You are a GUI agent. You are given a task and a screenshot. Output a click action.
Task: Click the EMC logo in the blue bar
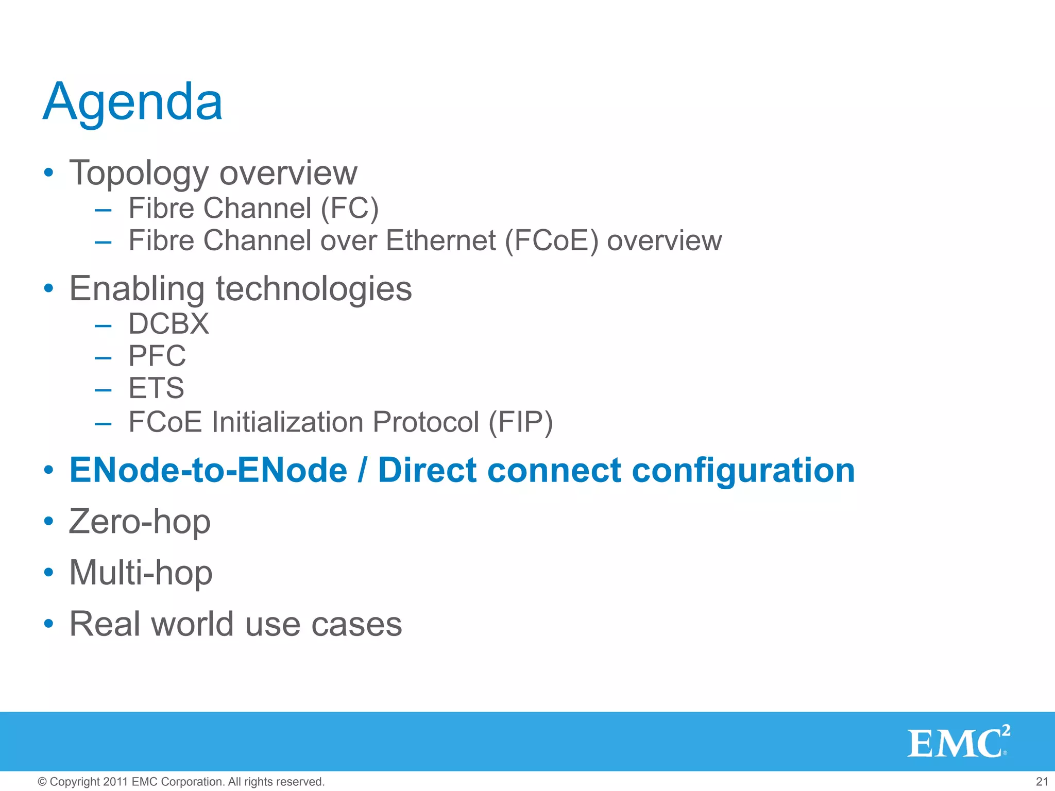[958, 743]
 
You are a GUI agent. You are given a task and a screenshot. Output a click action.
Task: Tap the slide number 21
[1042, 782]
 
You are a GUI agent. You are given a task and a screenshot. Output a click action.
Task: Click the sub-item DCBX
[168, 324]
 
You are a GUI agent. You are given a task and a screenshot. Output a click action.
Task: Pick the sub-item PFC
[157, 356]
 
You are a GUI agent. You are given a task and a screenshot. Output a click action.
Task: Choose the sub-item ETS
[156, 388]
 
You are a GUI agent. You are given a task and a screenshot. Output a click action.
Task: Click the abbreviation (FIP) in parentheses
[520, 422]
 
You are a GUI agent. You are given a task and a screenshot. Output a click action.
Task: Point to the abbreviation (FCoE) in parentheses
[551, 240]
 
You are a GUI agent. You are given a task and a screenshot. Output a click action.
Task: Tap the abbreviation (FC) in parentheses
[349, 208]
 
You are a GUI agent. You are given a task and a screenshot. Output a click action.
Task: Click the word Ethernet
[440, 240]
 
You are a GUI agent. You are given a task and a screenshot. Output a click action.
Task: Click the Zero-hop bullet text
[140, 522]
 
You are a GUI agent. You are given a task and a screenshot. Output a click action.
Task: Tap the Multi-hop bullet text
[141, 573]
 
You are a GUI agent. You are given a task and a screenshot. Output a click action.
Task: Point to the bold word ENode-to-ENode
[208, 470]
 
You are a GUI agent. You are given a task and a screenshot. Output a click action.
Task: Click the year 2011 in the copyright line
[115, 782]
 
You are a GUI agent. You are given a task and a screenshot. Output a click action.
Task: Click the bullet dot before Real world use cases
[48, 624]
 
